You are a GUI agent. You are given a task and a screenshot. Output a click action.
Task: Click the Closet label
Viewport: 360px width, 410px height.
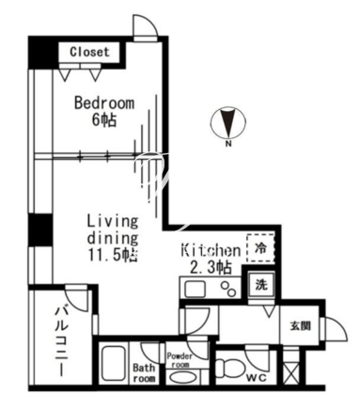click(x=89, y=52)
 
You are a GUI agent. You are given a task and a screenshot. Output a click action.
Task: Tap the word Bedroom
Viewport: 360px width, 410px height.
click(x=104, y=103)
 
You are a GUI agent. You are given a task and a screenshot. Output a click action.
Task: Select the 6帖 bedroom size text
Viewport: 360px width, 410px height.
click(x=104, y=119)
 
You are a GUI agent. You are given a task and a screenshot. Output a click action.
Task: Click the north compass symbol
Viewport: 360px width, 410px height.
click(x=228, y=122)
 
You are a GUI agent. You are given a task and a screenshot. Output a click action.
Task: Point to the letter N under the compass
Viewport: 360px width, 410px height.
click(x=228, y=145)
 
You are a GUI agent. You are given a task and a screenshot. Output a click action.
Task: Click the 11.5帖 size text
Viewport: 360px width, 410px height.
click(x=113, y=256)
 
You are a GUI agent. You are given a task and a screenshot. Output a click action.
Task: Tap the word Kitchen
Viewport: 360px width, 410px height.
click(x=211, y=250)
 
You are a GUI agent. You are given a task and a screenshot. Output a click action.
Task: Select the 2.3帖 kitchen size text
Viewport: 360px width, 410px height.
click(x=211, y=267)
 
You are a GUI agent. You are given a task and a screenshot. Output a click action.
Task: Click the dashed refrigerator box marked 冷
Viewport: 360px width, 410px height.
click(x=260, y=248)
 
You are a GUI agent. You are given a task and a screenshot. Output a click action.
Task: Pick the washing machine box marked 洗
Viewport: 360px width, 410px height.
click(x=260, y=285)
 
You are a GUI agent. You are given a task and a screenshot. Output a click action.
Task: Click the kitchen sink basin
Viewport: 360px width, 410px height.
click(x=195, y=290)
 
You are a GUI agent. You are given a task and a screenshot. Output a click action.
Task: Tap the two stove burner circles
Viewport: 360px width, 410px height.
click(x=228, y=290)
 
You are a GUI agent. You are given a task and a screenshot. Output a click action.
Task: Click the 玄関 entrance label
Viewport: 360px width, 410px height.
click(x=300, y=326)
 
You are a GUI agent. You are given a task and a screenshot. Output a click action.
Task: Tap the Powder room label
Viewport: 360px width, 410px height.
click(x=180, y=360)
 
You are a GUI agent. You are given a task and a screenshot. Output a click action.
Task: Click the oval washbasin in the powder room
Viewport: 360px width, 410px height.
click(x=181, y=377)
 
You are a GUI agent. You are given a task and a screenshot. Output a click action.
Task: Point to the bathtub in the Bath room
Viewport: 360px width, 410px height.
click(x=114, y=364)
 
